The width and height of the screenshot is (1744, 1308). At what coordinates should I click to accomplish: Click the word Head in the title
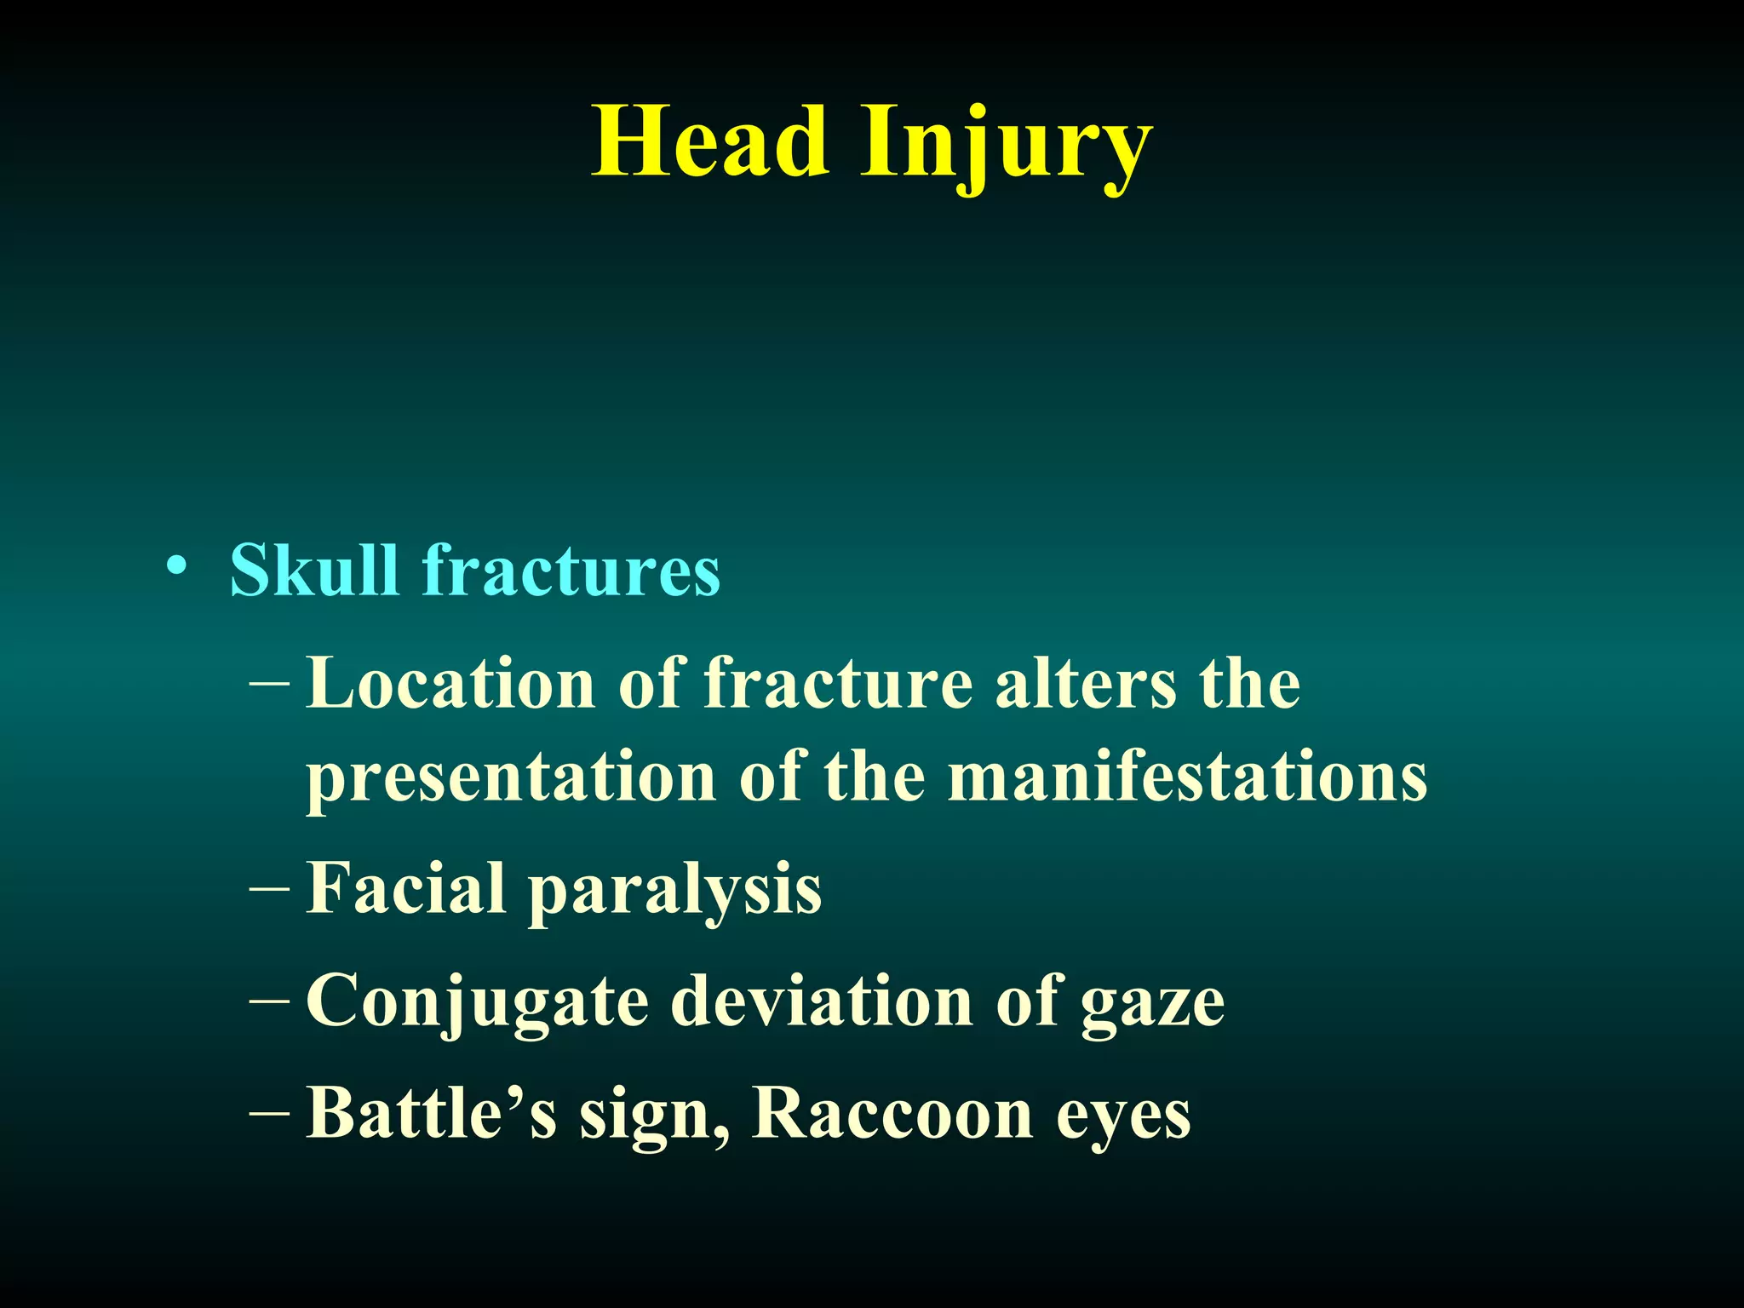click(x=710, y=142)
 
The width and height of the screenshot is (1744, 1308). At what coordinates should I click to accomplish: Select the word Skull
click(x=313, y=570)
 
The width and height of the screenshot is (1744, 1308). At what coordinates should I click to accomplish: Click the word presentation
click(x=511, y=777)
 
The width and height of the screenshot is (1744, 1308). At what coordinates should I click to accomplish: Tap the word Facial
click(x=406, y=888)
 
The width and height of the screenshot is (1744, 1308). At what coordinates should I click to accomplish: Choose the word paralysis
click(x=675, y=892)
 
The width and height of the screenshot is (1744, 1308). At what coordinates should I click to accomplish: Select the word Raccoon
click(x=892, y=1114)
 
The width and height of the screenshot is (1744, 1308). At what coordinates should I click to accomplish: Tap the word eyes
click(x=1123, y=1118)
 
